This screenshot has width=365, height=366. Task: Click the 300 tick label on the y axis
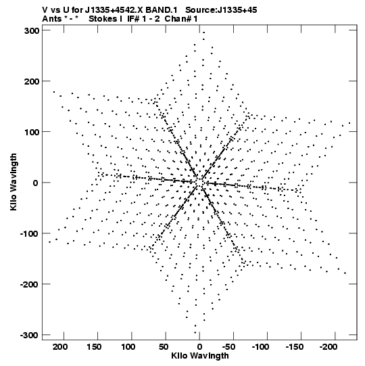pos(32,30)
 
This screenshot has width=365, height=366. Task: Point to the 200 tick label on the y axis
pos(32,81)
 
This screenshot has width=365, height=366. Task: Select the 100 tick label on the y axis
pos(32,132)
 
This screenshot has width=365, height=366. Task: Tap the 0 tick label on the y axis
pos(35,183)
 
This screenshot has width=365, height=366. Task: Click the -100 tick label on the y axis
pos(29,233)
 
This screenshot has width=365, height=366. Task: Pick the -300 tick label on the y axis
pos(29,335)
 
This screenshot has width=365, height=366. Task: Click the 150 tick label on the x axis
pos(94,347)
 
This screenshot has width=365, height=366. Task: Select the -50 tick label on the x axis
pos(228,347)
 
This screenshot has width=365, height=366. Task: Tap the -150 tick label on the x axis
pos(295,347)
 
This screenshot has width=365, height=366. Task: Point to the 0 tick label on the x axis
pos(199,347)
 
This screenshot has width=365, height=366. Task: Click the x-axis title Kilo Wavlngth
pos(200,356)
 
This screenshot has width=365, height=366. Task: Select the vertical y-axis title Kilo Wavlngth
pos(14,182)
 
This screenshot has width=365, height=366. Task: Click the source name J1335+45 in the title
pos(237,10)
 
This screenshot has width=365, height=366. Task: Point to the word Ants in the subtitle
pos(52,19)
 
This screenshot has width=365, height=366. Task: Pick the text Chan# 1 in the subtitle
pos(181,19)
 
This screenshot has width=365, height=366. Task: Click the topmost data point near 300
pos(204,32)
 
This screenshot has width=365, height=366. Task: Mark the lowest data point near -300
pos(195,333)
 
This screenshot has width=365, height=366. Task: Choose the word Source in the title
pos(200,10)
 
